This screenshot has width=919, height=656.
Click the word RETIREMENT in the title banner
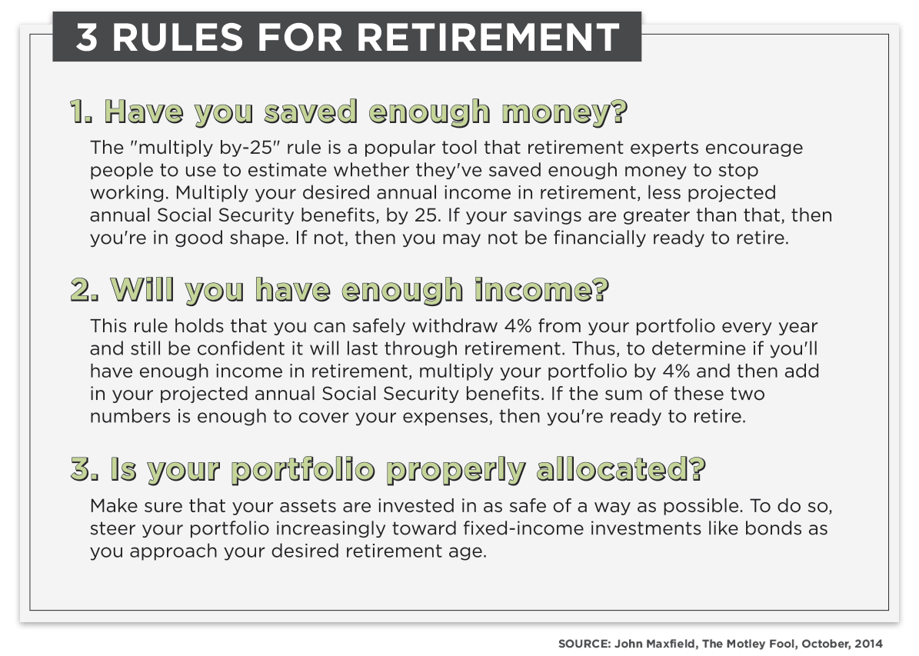coord(488,37)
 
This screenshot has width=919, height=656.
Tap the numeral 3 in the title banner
coord(86,37)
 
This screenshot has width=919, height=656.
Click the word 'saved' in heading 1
coord(311,112)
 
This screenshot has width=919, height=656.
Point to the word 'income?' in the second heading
coord(541,290)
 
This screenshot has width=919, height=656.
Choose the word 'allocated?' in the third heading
coord(621,469)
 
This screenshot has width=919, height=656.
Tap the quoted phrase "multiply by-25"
coord(186,148)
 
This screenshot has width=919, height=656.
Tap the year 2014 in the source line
coord(868,644)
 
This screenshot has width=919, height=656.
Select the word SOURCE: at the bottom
coord(584,644)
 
